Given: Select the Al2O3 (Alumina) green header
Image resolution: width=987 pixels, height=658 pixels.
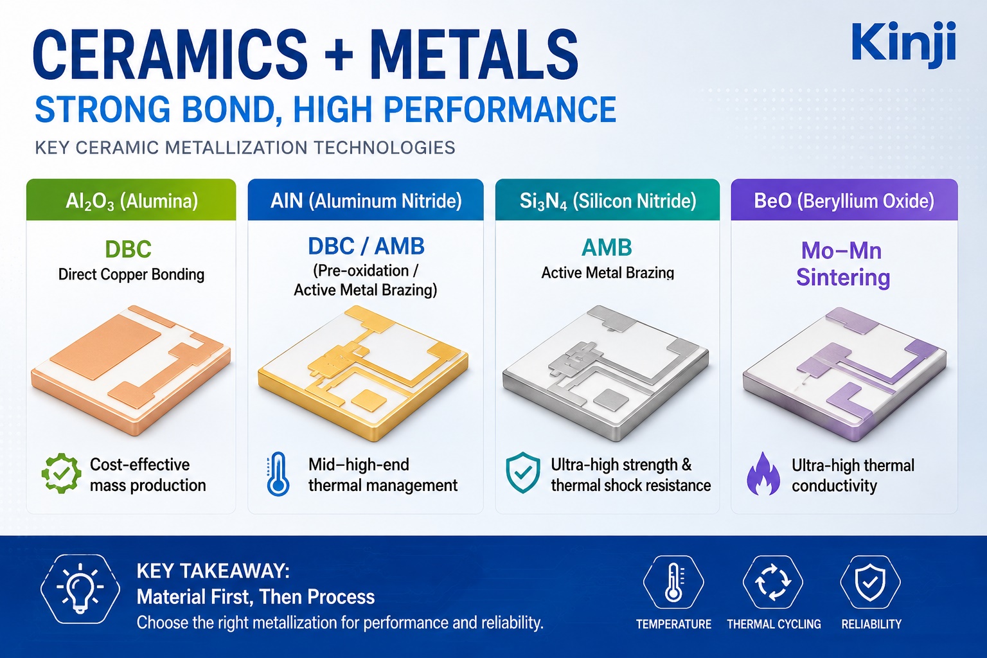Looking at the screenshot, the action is coord(131,200).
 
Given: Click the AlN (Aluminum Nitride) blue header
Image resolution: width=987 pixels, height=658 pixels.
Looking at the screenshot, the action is coord(366,200).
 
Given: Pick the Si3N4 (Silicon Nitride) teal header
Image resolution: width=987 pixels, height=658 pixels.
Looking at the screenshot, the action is coord(608,200).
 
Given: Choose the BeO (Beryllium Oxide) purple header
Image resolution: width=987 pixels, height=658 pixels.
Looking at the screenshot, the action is coord(844,200).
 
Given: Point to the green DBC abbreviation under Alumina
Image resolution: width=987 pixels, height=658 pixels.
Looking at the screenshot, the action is coord(129,249).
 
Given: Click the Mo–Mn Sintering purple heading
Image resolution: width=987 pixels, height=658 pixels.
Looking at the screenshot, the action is coord(843,265).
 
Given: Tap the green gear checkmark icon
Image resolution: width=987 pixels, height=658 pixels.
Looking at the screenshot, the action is coord(61,474).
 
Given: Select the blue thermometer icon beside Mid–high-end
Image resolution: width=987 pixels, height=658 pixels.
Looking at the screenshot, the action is coord(278,474).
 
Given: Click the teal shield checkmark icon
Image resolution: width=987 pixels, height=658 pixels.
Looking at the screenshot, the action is coord(523,472).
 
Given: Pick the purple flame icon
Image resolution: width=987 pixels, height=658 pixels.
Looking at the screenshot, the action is coord(763,474).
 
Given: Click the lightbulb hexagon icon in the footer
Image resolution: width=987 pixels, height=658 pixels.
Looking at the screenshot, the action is coord(80,589).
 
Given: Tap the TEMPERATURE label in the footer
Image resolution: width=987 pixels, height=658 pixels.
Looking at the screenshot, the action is coord(673,624).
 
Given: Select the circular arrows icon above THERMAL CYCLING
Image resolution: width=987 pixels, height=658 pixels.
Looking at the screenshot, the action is coord(773,583).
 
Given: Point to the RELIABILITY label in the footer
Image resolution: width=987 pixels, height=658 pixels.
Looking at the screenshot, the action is coord(871,624).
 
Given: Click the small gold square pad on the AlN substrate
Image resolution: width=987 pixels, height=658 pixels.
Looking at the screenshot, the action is coord(369,401).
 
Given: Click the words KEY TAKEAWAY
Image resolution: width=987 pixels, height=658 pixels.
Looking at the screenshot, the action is coord(213,571).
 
